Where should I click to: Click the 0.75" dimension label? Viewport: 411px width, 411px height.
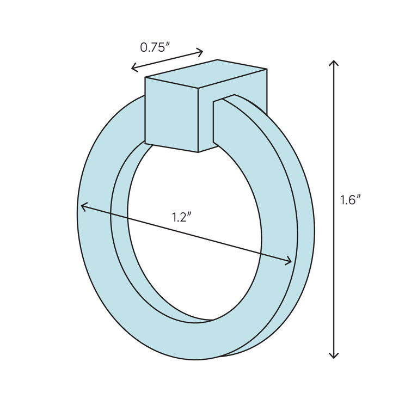click(155, 47)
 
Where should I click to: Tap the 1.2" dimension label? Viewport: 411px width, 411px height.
click(182, 217)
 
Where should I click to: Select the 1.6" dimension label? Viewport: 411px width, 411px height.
click(351, 200)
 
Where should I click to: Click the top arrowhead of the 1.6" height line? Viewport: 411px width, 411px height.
click(334, 62)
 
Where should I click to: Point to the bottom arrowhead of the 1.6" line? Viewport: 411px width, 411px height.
click(334, 357)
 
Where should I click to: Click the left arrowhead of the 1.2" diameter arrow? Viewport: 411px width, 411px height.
click(83, 206)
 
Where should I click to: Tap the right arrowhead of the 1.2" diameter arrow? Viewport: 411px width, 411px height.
click(290, 262)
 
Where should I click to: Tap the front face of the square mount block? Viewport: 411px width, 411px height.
click(171, 114)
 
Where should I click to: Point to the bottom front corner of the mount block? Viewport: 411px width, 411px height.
click(198, 152)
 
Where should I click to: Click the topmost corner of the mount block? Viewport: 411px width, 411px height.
click(218, 60)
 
